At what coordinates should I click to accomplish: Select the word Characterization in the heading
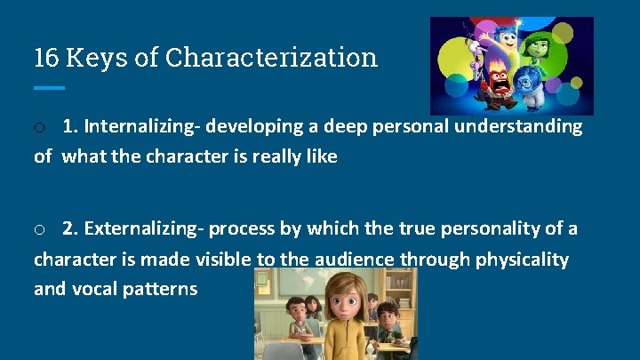click(272, 59)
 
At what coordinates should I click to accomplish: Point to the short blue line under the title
click(49, 87)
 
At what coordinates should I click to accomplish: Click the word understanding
click(518, 127)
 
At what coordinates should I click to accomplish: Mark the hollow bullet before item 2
click(40, 230)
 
